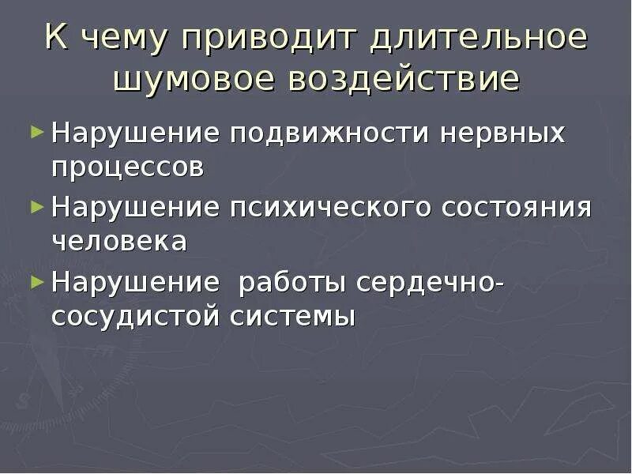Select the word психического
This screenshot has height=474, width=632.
click(x=331, y=209)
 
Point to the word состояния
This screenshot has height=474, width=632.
click(x=516, y=209)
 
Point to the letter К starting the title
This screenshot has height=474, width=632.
click(x=56, y=39)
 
